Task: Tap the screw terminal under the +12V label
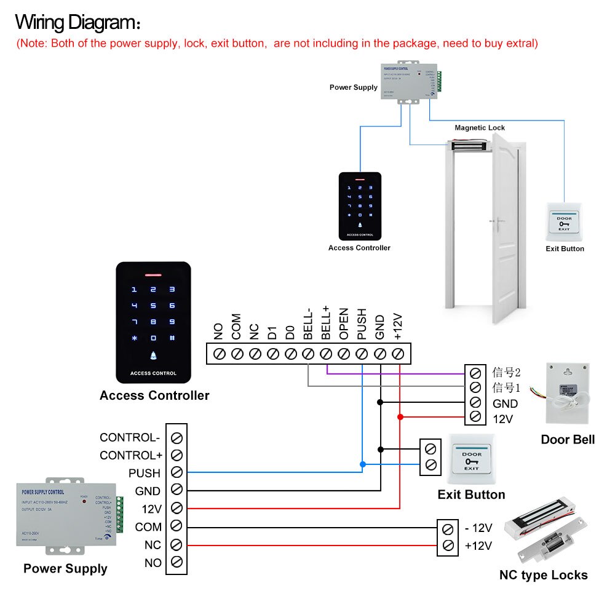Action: tap(398, 354)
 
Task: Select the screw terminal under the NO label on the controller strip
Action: tap(218, 354)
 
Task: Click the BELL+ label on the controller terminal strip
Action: tap(327, 324)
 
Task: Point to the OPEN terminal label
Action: tap(344, 324)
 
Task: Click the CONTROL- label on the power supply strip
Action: tap(130, 438)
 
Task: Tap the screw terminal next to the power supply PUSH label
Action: tap(177, 473)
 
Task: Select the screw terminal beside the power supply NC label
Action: tap(177, 545)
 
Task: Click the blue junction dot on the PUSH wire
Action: tap(362, 464)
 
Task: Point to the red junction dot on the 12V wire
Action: tap(400, 417)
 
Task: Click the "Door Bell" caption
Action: tap(568, 439)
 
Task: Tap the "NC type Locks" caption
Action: tap(543, 575)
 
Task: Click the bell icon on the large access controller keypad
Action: tap(153, 355)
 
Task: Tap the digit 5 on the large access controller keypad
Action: tap(153, 305)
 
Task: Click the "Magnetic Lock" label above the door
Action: tap(480, 128)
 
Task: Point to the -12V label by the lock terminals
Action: tap(478, 528)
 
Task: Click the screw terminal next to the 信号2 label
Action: tap(474, 373)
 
